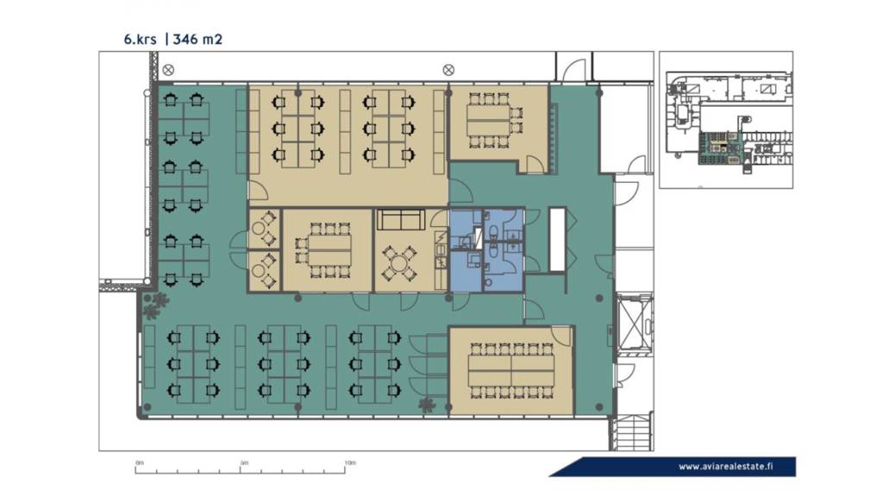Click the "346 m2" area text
point(197,39)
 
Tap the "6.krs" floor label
point(141,40)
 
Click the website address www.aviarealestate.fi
point(725,466)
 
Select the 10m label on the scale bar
point(350,463)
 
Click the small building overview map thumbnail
point(726,120)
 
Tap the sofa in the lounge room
point(401,220)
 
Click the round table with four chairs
point(398,263)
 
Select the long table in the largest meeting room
point(511,371)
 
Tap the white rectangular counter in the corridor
point(558,240)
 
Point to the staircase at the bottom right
point(632,433)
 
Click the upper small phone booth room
point(264,229)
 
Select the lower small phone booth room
point(264,271)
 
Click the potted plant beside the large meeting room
point(426,404)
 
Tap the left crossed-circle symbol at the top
point(168,70)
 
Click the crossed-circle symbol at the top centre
point(448,70)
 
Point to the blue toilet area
point(486,250)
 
